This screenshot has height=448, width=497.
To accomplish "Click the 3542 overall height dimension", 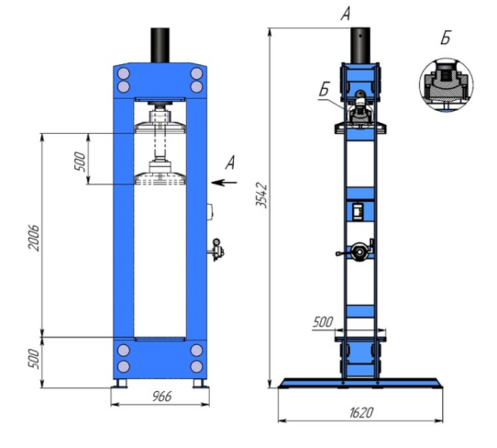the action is pyautogui.click(x=262, y=196).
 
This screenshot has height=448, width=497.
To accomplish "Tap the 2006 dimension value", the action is pyautogui.click(x=34, y=238).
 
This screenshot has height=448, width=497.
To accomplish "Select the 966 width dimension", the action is pyautogui.click(x=162, y=397).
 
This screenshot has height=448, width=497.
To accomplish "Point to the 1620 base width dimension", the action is pyautogui.click(x=361, y=413).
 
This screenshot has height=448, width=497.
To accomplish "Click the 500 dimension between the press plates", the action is pyautogui.click(x=80, y=162).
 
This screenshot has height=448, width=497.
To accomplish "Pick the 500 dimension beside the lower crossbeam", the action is pyautogui.click(x=34, y=359).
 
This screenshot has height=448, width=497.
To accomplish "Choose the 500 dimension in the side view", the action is pyautogui.click(x=323, y=322).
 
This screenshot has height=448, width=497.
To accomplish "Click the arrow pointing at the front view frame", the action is pyautogui.click(x=224, y=183).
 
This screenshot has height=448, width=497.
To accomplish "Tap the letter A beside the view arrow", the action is pyautogui.click(x=230, y=162).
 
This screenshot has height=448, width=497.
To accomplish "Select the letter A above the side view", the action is pyautogui.click(x=345, y=14).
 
